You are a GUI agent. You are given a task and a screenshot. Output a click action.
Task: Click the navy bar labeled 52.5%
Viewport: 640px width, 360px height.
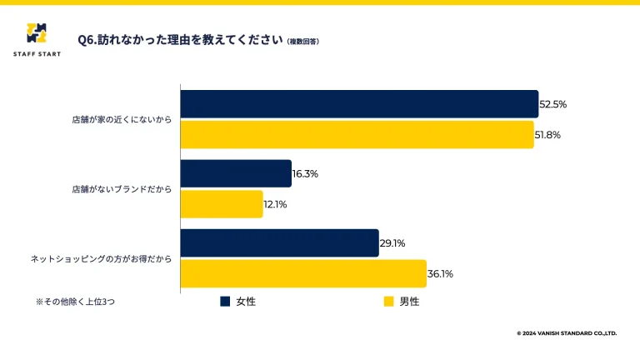click(359, 104)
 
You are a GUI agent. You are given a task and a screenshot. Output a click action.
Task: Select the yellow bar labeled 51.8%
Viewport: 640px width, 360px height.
click(357, 134)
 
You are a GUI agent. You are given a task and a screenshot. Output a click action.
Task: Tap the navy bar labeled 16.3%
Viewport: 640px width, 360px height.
click(236, 174)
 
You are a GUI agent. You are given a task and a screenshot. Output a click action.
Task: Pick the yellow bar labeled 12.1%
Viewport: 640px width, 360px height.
click(222, 204)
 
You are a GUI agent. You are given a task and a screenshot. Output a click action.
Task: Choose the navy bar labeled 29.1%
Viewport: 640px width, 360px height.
click(279, 243)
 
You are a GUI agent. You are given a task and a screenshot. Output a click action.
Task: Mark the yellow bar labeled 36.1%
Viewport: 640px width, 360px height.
click(303, 273)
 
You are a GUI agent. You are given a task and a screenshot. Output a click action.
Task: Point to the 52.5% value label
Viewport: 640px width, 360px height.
click(553, 105)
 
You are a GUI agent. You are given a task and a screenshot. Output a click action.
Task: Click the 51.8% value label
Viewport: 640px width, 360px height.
click(547, 135)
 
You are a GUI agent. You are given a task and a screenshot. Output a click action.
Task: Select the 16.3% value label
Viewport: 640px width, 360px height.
click(306, 174)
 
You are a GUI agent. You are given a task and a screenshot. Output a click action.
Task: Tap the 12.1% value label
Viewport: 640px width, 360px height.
click(276, 204)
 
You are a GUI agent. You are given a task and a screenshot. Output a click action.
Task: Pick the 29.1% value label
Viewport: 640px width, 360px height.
click(392, 243)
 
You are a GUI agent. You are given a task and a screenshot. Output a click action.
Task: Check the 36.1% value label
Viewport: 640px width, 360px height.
click(441, 273)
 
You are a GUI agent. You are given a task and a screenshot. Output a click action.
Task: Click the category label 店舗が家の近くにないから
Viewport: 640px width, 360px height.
click(122, 120)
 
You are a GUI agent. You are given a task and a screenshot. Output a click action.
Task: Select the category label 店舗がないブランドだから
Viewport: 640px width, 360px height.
click(122, 189)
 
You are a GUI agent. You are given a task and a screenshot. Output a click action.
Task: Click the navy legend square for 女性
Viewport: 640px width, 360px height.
click(225, 301)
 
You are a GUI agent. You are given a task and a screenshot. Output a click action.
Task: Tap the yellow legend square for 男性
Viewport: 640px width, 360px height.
click(387, 301)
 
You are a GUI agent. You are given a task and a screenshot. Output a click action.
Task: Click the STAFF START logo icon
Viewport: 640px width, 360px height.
click(37, 33)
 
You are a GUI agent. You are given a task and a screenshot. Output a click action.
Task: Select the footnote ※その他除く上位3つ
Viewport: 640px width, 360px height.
click(75, 302)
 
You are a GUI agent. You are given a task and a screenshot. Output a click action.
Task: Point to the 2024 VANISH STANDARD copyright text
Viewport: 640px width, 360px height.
click(567, 333)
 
